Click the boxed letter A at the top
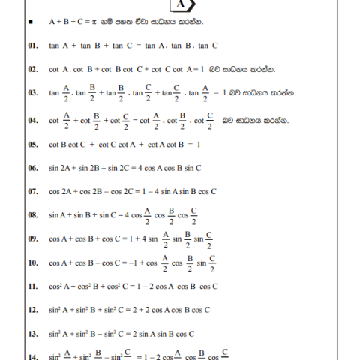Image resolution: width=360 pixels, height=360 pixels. (x=181, y=4)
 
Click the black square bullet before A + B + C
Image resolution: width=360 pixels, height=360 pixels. (x=28, y=23)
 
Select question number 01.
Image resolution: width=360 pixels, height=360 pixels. (x=31, y=46)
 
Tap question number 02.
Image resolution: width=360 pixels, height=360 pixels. (x=31, y=70)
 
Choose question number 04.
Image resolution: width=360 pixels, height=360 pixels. (x=31, y=120)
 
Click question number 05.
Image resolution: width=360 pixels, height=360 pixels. (x=31, y=144)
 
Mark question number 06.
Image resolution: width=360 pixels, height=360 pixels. (x=31, y=168)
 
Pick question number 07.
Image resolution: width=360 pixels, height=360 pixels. (x=31, y=191)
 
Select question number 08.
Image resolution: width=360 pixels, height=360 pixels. (x=31, y=215)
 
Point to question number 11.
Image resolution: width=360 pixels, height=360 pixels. (x=31, y=286)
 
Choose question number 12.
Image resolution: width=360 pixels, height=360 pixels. (x=31, y=310)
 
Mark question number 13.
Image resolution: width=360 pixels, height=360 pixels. (x=31, y=334)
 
